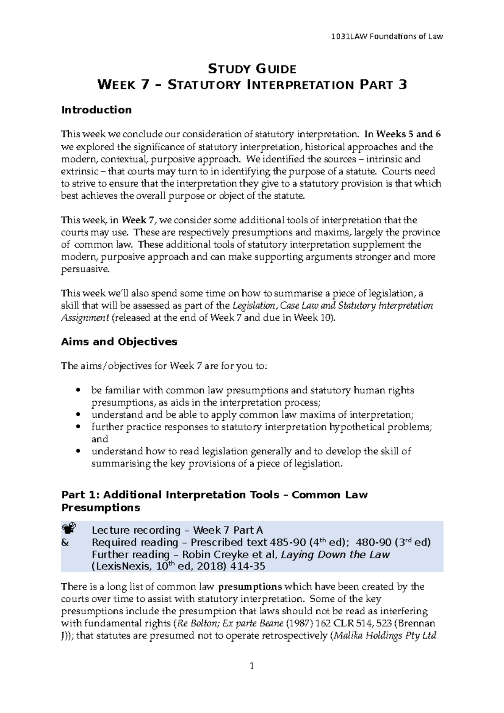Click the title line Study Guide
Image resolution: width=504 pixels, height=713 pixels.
[252, 69]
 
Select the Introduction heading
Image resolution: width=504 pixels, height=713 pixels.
[96, 110]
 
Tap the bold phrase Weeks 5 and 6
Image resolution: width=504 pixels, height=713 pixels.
[408, 135]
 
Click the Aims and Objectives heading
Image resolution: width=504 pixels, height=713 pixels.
[119, 341]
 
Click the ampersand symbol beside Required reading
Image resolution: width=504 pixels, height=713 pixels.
[65, 542]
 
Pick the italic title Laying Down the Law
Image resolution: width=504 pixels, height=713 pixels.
[335, 555]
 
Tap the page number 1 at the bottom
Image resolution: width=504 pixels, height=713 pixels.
[252, 666]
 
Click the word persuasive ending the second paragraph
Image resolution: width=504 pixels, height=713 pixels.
[84, 269]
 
